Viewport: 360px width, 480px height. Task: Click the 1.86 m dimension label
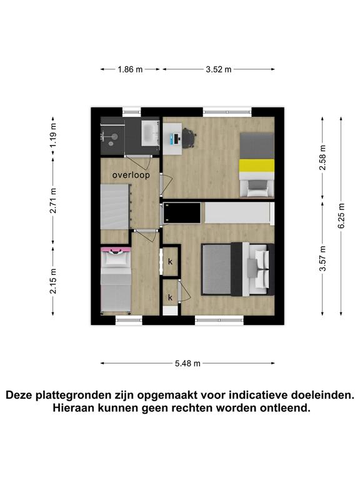pyautogui.click(x=130, y=69)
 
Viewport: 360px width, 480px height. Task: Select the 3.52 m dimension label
pyautogui.click(x=219, y=69)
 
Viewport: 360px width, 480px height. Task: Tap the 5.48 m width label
pyautogui.click(x=187, y=363)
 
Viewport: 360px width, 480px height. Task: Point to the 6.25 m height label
pyautogui.click(x=342, y=216)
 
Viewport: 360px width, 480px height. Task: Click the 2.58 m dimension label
pyautogui.click(x=322, y=157)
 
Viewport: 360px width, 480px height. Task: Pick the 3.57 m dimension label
pyautogui.click(x=322, y=259)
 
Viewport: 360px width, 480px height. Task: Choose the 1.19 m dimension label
pyautogui.click(x=53, y=135)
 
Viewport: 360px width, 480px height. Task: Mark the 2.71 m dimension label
pyautogui.click(x=53, y=201)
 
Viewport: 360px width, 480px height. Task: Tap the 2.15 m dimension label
pyautogui.click(x=53, y=281)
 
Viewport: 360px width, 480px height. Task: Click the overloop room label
pyautogui.click(x=131, y=175)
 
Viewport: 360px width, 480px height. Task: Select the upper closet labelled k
pyautogui.click(x=170, y=261)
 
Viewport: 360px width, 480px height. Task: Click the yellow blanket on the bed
pyautogui.click(x=256, y=165)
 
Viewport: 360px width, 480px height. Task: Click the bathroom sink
pyautogui.click(x=150, y=133)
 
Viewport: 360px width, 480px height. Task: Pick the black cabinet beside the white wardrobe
pyautogui.click(x=182, y=212)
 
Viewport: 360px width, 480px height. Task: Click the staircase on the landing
pyautogui.click(x=115, y=206)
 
